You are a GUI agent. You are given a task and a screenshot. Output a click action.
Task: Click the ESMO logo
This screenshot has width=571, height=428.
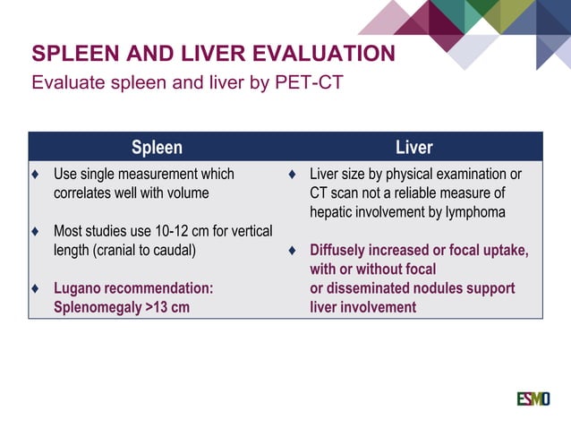point(533,397)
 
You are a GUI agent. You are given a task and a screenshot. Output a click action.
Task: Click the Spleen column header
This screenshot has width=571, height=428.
point(157,147)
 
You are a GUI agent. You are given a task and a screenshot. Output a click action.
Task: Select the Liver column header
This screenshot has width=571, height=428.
point(413,147)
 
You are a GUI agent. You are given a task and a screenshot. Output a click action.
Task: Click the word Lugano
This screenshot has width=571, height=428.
point(79,288)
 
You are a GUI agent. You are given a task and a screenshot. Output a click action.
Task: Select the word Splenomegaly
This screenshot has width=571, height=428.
point(96,307)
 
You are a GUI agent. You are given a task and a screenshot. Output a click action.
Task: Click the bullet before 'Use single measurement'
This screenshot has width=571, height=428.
point(35,175)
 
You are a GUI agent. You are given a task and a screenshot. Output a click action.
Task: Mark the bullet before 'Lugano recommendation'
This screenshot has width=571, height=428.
point(35,288)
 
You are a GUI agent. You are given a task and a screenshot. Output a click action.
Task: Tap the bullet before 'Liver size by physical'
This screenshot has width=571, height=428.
point(292,175)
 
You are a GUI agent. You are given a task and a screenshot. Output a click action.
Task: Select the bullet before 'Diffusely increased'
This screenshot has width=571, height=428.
point(292,251)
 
